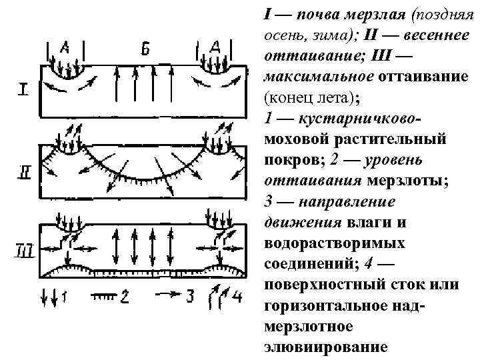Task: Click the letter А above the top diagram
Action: pos(64,47)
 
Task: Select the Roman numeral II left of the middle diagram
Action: pos(25,173)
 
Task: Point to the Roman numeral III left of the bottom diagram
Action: pos(24,252)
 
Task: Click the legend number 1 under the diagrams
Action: pos(64,297)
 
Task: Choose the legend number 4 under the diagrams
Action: pos(238,295)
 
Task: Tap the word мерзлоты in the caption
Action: pos(407,181)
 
